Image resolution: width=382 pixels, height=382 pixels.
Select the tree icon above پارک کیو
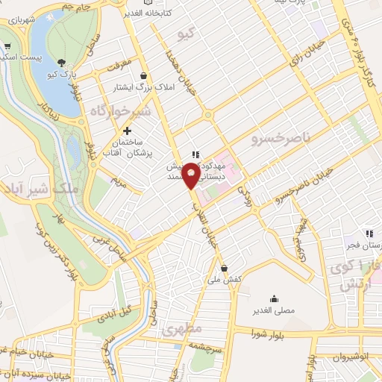tap(60, 62)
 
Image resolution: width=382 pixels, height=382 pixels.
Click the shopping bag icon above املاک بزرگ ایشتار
tap(143, 75)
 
